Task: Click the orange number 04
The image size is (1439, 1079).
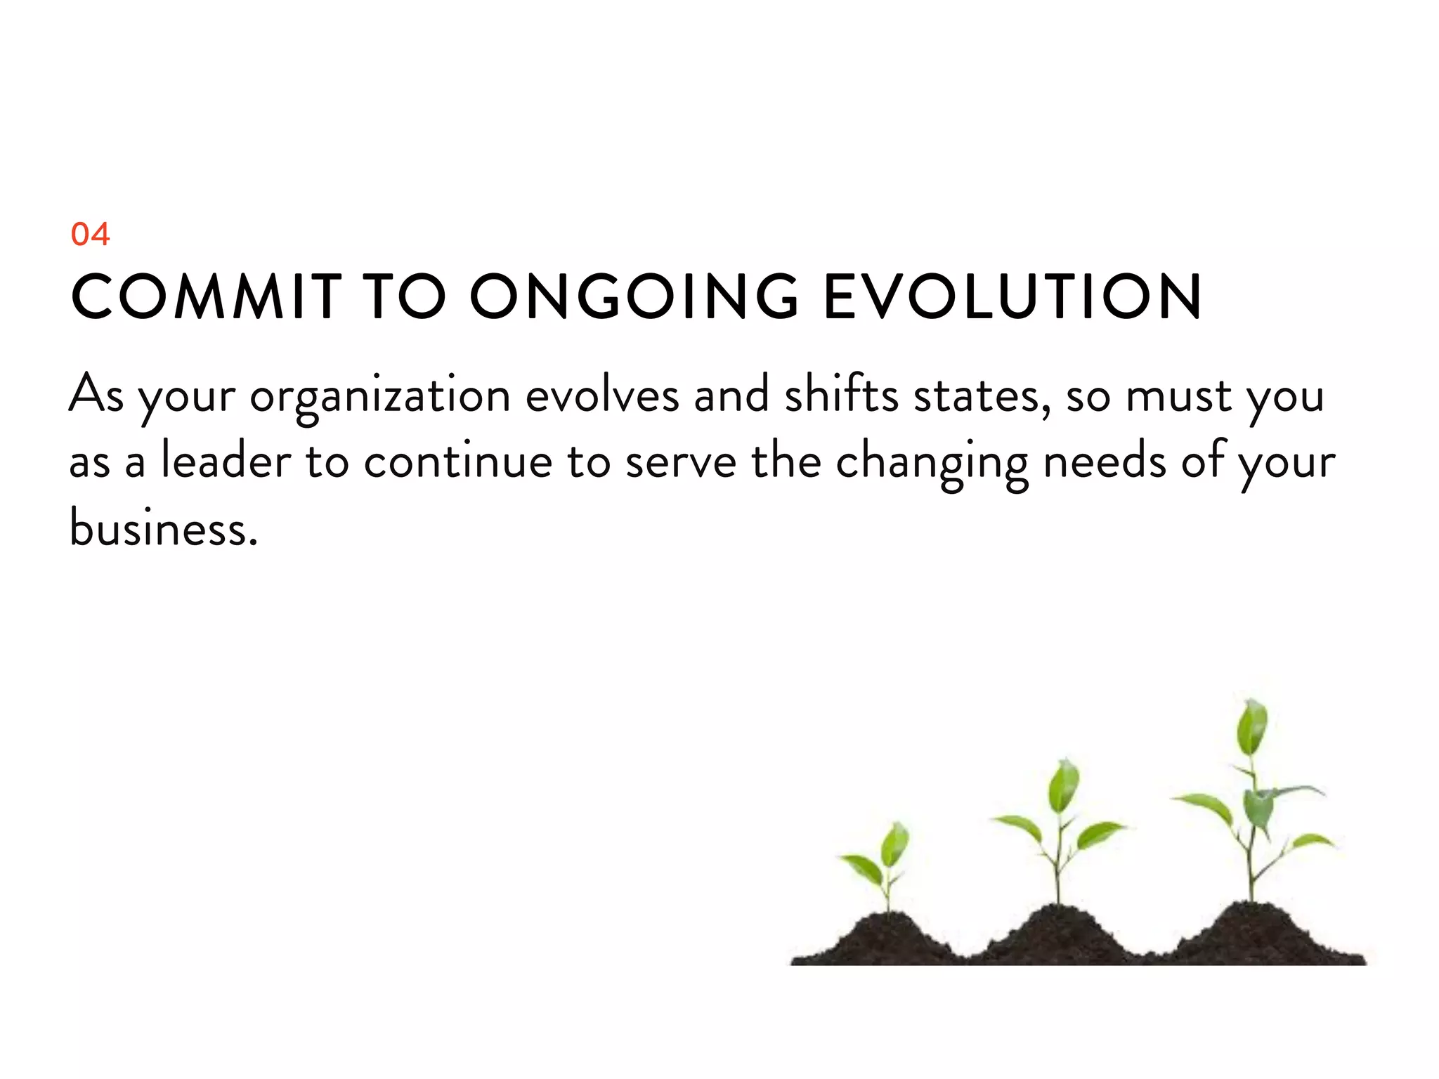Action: tap(90, 234)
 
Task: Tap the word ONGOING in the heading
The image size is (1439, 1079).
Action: tap(634, 296)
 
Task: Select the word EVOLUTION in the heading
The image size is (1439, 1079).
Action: tap(1012, 296)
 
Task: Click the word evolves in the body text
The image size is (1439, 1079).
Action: tap(602, 395)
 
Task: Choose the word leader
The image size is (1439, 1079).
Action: tap(226, 462)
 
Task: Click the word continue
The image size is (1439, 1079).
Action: tap(458, 462)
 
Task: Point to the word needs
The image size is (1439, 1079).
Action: tap(1105, 462)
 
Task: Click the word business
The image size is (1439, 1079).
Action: tap(163, 528)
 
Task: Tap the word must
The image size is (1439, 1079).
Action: tap(1178, 395)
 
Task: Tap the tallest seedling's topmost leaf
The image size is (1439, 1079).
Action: tap(1251, 726)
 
